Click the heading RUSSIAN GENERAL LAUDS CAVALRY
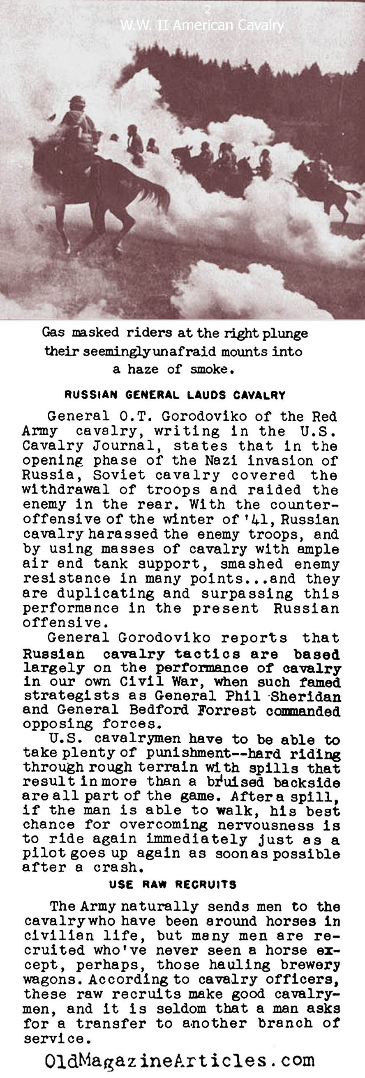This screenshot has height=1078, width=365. [175, 395]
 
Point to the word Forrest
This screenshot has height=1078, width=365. [220, 710]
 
